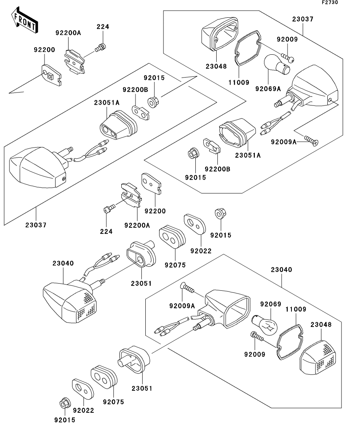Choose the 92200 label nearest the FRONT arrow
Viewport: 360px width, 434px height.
(x=44, y=50)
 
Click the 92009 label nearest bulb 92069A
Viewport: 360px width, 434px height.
(x=287, y=39)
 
